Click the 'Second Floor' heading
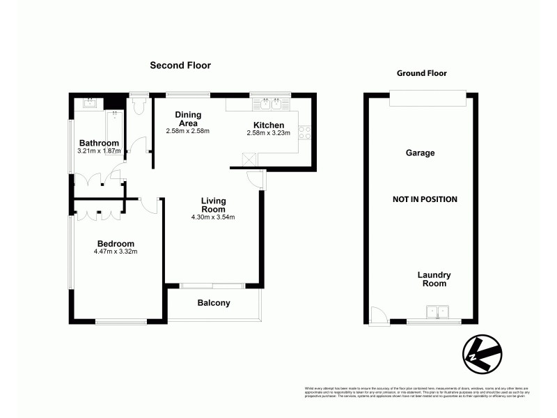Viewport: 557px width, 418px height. click(x=180, y=65)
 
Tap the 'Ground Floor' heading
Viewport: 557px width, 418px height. click(x=421, y=73)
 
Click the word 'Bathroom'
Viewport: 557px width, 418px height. click(x=98, y=144)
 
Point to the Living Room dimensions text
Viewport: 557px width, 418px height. click(x=213, y=217)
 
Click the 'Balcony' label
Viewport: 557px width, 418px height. click(x=214, y=303)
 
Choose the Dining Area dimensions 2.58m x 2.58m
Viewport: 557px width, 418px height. click(x=188, y=131)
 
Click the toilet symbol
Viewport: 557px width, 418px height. click(x=138, y=104)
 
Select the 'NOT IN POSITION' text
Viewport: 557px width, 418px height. click(x=425, y=199)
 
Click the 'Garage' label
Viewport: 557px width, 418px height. click(x=421, y=153)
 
